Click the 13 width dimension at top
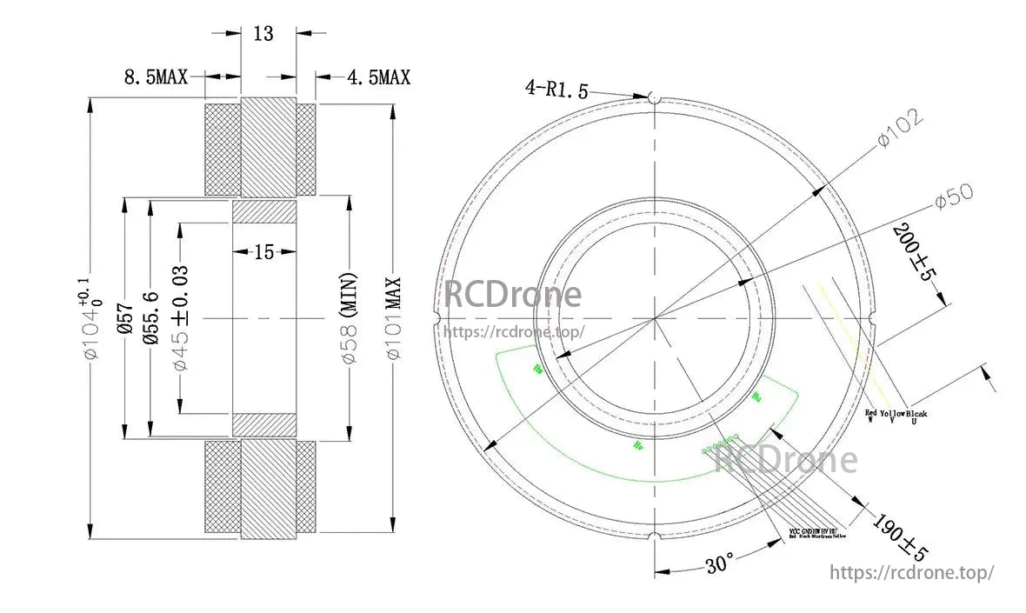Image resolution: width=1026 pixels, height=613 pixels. tap(263, 34)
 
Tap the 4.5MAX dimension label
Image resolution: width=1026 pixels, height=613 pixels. tap(378, 77)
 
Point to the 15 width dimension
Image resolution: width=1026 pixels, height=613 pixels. tap(263, 252)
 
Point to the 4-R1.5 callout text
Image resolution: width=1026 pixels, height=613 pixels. tap(556, 88)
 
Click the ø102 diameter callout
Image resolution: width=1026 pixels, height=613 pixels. tap(900, 130)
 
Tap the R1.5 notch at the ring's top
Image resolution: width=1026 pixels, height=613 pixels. tap(655, 98)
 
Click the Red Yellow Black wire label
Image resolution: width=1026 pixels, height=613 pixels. tap(896, 416)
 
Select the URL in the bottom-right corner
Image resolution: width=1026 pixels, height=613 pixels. tap(912, 573)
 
